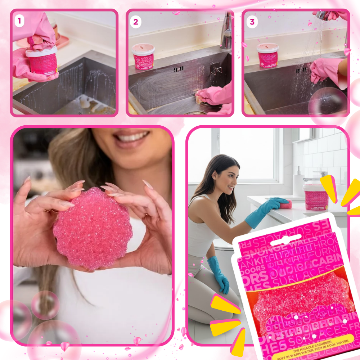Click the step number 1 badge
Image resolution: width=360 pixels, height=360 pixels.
pos(19,21)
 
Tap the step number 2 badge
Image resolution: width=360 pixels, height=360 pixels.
pos(135,22)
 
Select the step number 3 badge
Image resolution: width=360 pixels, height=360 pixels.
pos(252,22)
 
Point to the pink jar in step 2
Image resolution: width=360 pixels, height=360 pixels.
pos(143,57)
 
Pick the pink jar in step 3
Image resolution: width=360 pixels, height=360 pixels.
pos(267,56)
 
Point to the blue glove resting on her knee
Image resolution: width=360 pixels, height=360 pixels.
pos(219,275)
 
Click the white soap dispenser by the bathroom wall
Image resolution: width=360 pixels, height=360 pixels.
pos(298,184)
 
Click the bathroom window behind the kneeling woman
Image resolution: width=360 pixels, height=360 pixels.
pos(248,155)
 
